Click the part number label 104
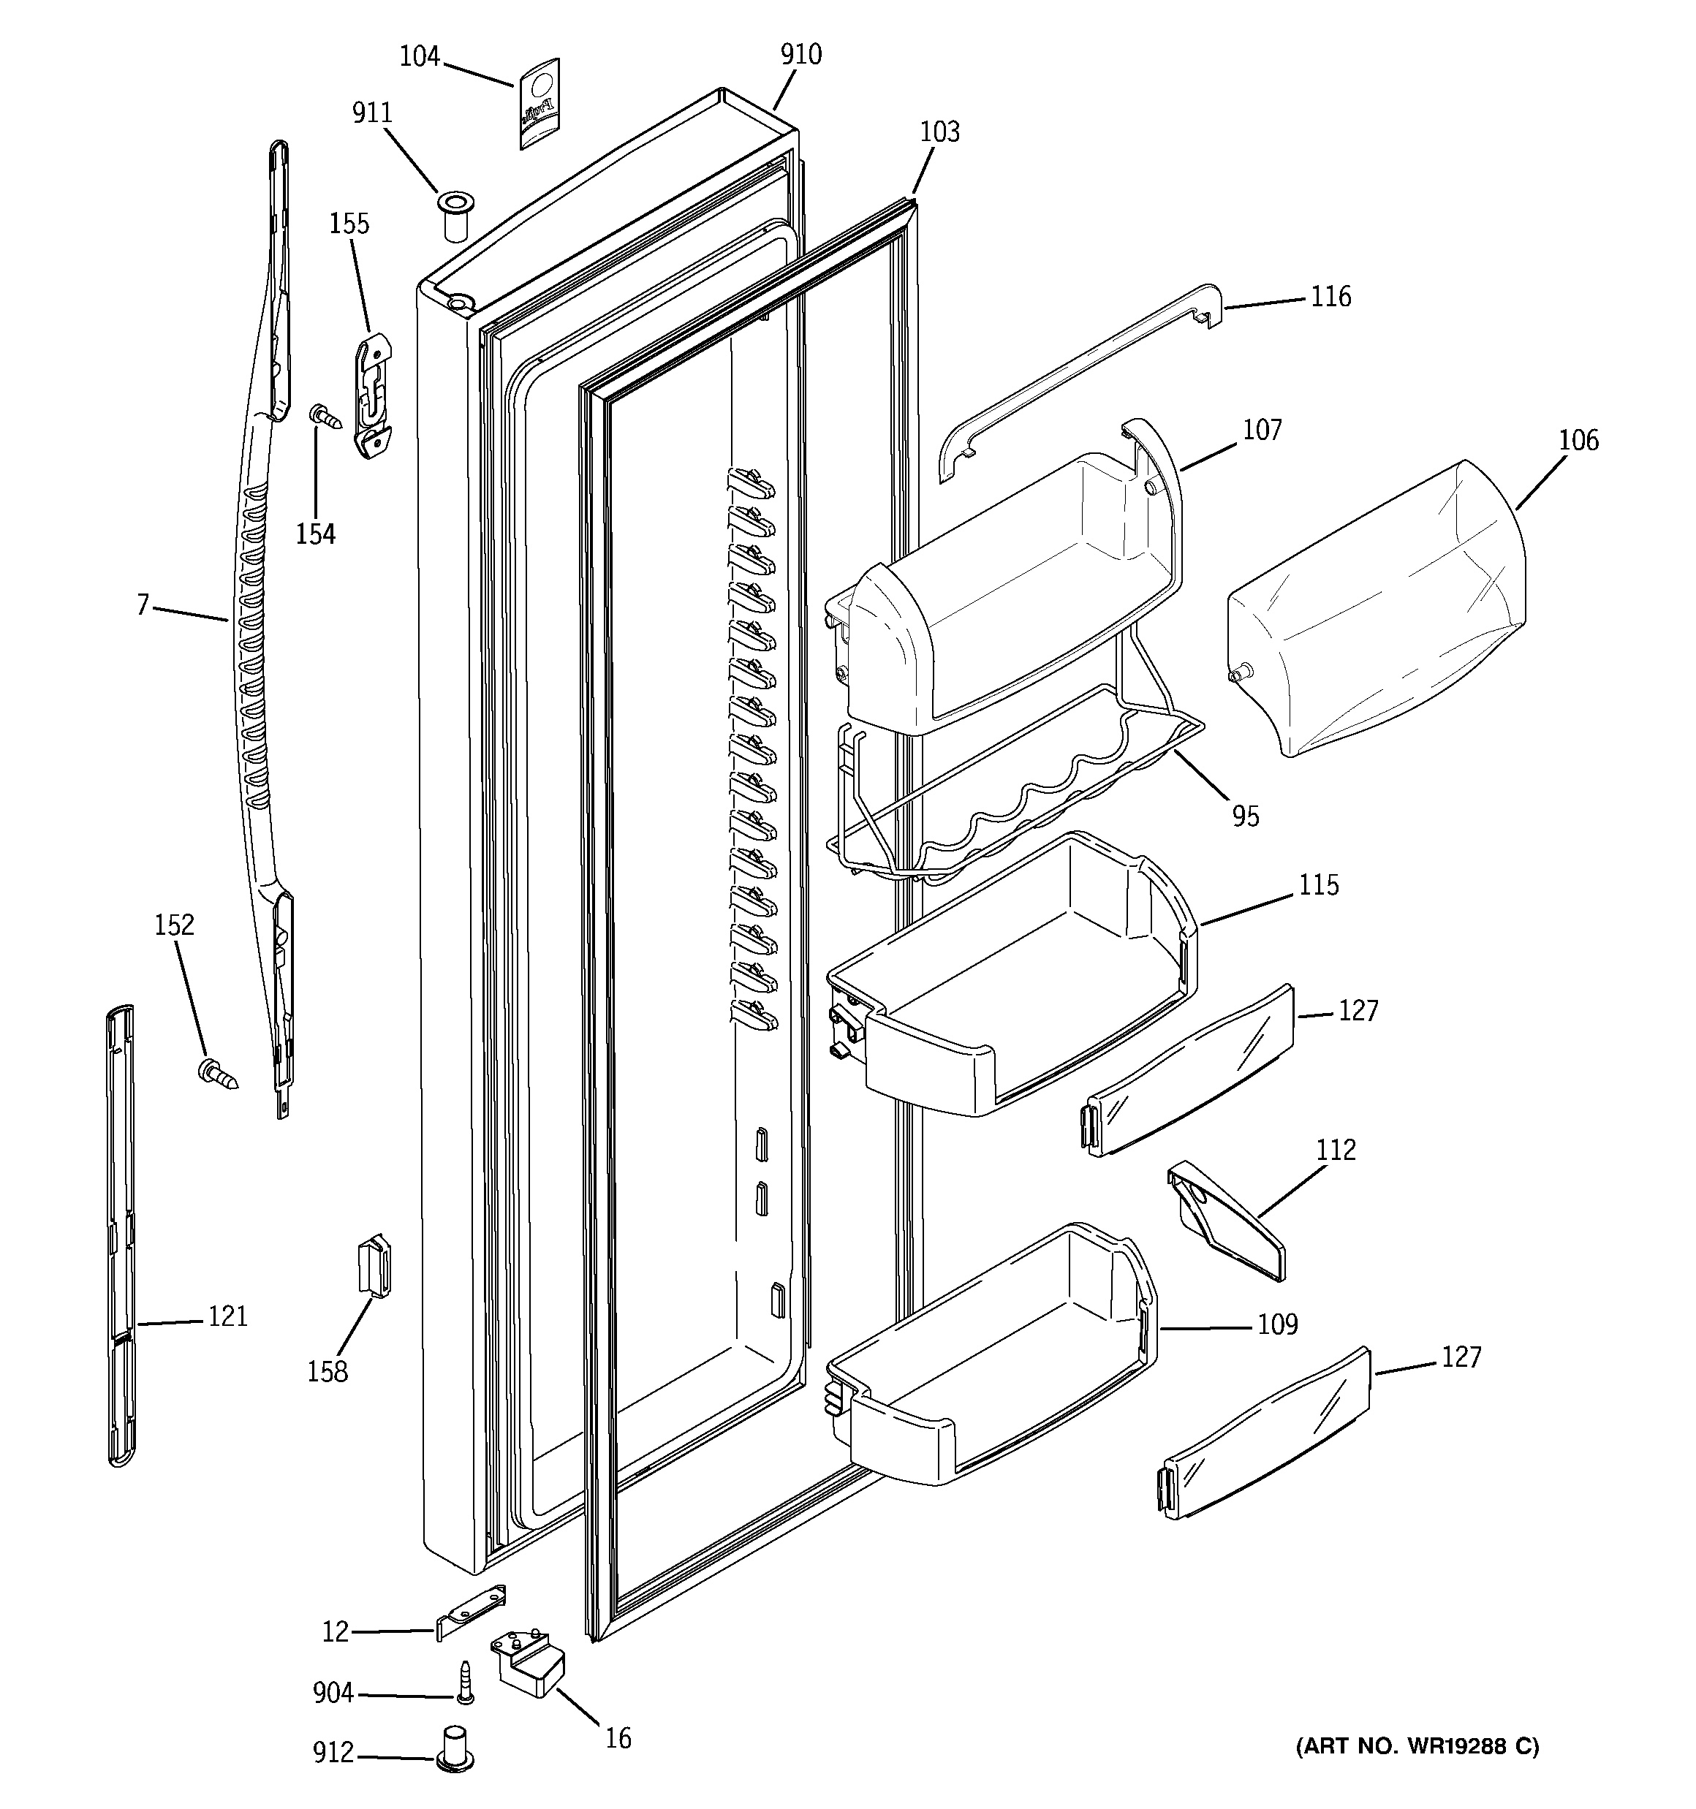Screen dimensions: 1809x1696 (x=420, y=56)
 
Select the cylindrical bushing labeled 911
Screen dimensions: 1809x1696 (x=452, y=215)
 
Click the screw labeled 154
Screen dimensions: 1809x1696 (x=327, y=417)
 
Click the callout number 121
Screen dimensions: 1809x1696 (x=227, y=1316)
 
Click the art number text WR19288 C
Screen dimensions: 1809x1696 (x=1417, y=1746)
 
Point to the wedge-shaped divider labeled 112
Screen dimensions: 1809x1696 (x=1225, y=1222)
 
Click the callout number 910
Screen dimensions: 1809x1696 (x=800, y=55)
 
